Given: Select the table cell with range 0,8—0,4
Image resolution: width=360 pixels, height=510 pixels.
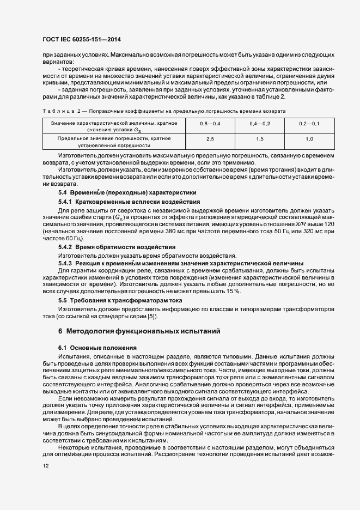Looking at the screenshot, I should click(x=210, y=125).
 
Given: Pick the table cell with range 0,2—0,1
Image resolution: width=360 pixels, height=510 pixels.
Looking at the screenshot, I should click(x=309, y=125).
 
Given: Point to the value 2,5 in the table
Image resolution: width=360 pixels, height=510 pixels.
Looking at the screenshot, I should click(x=210, y=139).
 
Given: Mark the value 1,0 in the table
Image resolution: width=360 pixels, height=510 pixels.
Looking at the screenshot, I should click(x=309, y=139).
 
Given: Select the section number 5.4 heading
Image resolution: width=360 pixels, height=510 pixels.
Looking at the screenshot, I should click(x=63, y=193).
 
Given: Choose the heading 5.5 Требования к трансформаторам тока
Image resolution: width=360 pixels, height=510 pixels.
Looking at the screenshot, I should click(x=120, y=300).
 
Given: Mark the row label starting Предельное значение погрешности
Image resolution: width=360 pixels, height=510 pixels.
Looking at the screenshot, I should click(x=114, y=139).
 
